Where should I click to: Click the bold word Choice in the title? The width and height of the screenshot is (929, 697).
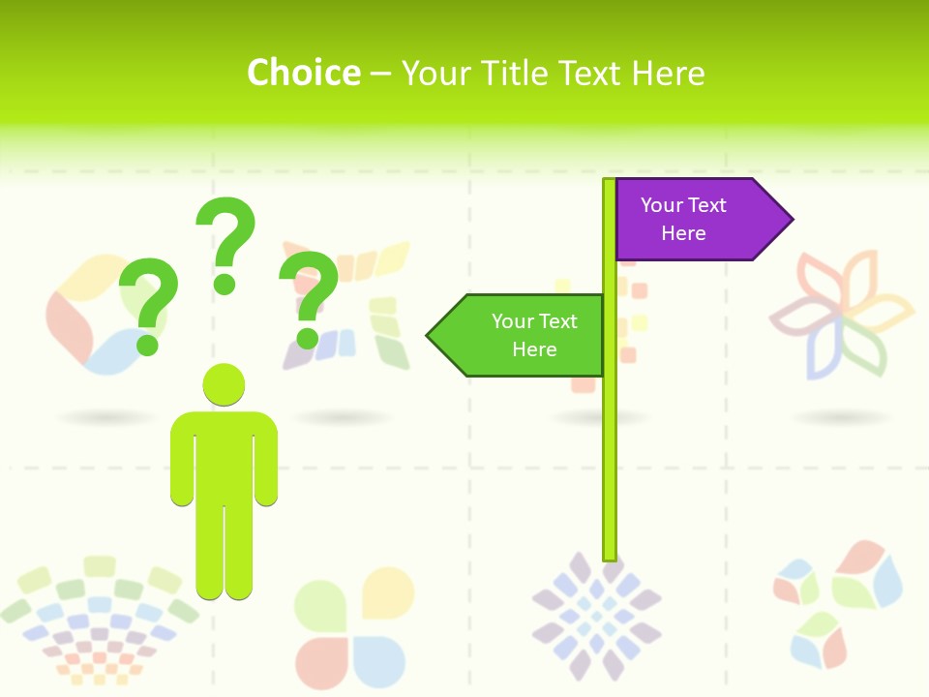[303, 73]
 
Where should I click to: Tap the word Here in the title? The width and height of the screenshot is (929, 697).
[668, 73]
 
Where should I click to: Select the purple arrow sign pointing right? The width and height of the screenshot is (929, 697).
[692, 220]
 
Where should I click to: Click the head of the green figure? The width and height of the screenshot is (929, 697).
[224, 384]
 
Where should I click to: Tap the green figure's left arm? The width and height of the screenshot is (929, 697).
[182, 460]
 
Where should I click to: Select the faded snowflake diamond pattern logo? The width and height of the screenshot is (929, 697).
[596, 615]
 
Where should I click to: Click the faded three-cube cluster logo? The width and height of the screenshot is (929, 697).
[837, 600]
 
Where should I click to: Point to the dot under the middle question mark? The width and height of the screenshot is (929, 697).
[225, 284]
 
